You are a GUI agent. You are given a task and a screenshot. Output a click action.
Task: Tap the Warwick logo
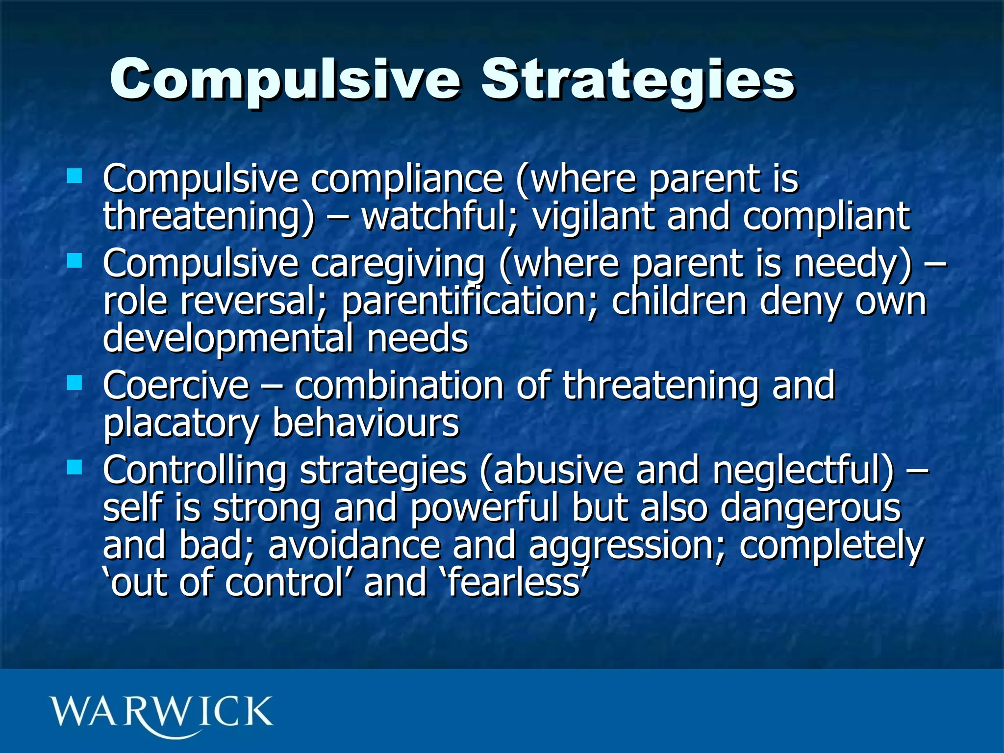pos(161,713)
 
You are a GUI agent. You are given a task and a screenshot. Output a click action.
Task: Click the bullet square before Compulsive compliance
pos(75,176)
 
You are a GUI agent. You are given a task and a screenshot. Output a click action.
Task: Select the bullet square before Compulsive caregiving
pos(75,260)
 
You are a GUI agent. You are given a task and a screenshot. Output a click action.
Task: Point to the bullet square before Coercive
pos(75,382)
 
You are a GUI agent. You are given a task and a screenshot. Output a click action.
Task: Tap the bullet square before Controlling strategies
pos(75,467)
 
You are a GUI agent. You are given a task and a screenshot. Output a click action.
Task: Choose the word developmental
pos(228,339)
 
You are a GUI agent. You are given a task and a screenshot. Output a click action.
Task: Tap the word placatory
pos(180,424)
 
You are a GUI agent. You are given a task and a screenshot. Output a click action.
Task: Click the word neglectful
pos(804,471)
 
